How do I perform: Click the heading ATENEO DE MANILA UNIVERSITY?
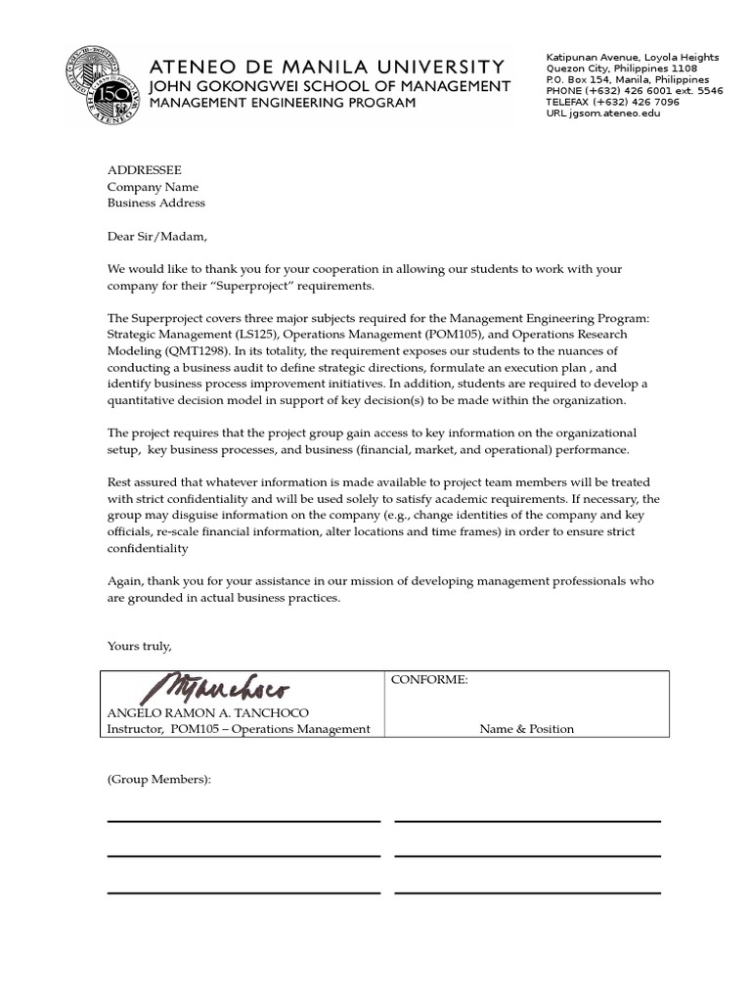327,67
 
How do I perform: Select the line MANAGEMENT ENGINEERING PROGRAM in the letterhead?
282,103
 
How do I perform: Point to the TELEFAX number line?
612,102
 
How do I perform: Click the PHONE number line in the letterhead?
634,91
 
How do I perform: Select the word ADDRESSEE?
144,170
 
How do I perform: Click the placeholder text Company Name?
153,187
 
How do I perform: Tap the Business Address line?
156,204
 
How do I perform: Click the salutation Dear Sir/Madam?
157,236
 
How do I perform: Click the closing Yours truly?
140,646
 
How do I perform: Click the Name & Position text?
526,729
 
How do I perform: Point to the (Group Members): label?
158,779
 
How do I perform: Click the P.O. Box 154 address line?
614,79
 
